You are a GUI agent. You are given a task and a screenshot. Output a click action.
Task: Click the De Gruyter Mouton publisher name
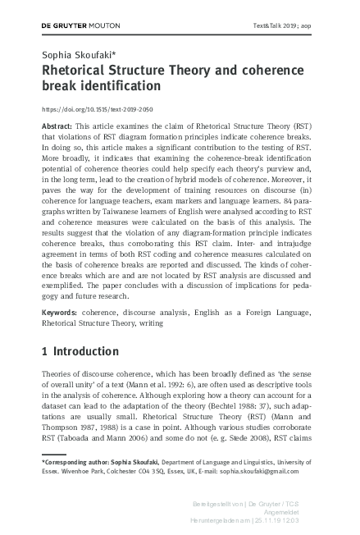click(75, 26)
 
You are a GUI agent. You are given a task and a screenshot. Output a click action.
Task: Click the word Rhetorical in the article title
click(75, 71)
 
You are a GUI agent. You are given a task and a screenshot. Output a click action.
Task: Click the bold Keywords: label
click(60, 313)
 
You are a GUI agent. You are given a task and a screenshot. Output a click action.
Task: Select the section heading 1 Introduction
click(80, 351)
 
